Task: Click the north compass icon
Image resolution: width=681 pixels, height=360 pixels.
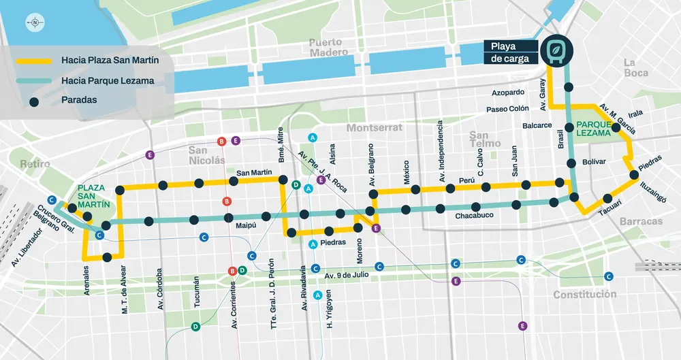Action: (33, 22)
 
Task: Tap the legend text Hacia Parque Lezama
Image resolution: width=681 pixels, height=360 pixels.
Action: (107, 80)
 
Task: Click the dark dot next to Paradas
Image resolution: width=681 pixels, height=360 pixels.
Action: (34, 100)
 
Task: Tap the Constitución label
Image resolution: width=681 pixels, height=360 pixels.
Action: (584, 295)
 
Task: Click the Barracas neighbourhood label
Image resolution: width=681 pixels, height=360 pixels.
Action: (641, 222)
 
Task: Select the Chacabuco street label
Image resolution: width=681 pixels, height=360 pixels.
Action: (474, 216)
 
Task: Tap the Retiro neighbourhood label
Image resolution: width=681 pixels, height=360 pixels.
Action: (35, 164)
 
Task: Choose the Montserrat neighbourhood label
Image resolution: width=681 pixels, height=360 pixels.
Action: (375, 127)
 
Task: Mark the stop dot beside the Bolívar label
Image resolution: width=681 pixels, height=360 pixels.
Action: (571, 163)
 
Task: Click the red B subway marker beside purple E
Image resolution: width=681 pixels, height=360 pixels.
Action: (221, 142)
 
